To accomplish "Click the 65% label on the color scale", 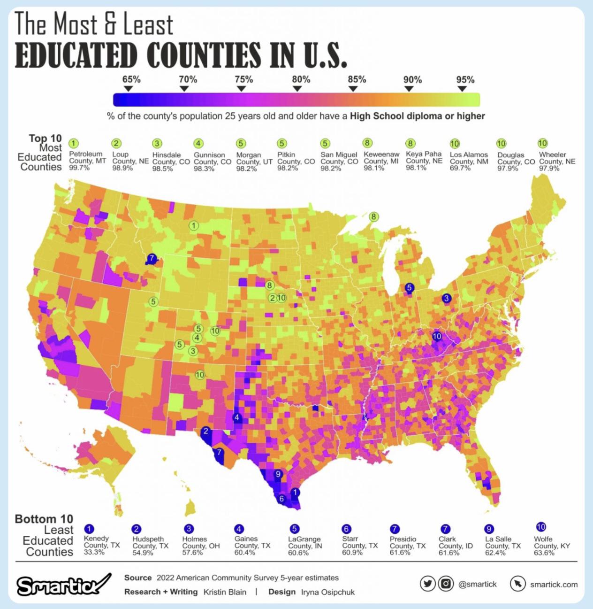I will pyautogui.click(x=131, y=79).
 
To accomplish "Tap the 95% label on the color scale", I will pyautogui.click(x=465, y=79).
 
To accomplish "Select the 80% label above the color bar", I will pyautogui.click(x=301, y=79).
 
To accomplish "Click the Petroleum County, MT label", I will pyautogui.click(x=87, y=161).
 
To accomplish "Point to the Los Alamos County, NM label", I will pyautogui.click(x=469, y=161).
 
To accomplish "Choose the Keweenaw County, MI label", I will pyautogui.click(x=381, y=161).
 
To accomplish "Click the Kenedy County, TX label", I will pyautogui.click(x=96, y=545).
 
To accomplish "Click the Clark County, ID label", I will pyautogui.click(x=455, y=545).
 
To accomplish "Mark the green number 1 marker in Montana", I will pyautogui.click(x=192, y=225).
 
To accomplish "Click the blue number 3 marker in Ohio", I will pyautogui.click(x=446, y=298).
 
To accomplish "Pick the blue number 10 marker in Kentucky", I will pyautogui.click(x=437, y=336).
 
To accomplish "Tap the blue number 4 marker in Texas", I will pyautogui.click(x=236, y=417).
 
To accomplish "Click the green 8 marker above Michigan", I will pyautogui.click(x=373, y=216).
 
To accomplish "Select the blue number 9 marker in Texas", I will pyautogui.click(x=278, y=474).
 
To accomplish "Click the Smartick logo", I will pyautogui.click(x=64, y=584).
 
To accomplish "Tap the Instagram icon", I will pyautogui.click(x=445, y=584).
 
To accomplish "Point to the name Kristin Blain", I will pyautogui.click(x=225, y=592).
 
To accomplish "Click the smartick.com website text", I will pyautogui.click(x=554, y=584).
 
